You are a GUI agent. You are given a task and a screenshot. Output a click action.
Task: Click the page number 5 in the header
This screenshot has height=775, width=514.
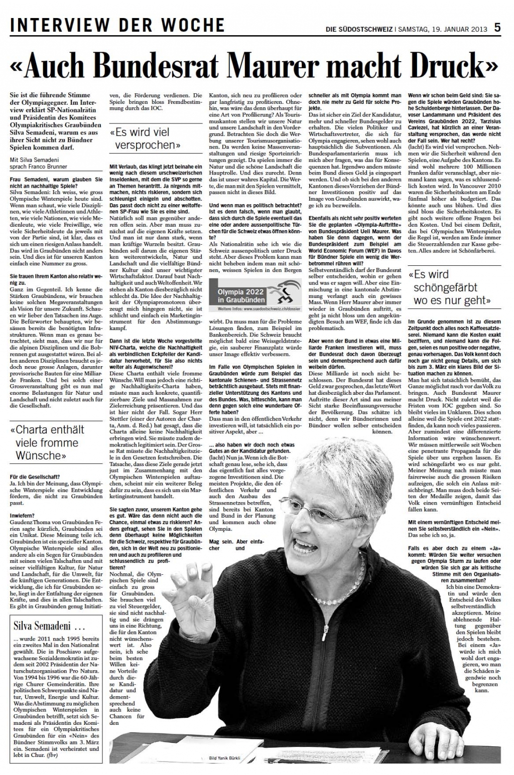click(497, 27)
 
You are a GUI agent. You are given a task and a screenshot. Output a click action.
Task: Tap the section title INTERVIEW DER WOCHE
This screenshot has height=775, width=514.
click(117, 25)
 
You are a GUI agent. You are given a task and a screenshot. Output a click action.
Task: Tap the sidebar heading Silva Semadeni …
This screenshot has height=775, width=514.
click(45, 627)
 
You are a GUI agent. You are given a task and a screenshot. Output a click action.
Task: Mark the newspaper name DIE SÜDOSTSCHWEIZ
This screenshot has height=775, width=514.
click(359, 29)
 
